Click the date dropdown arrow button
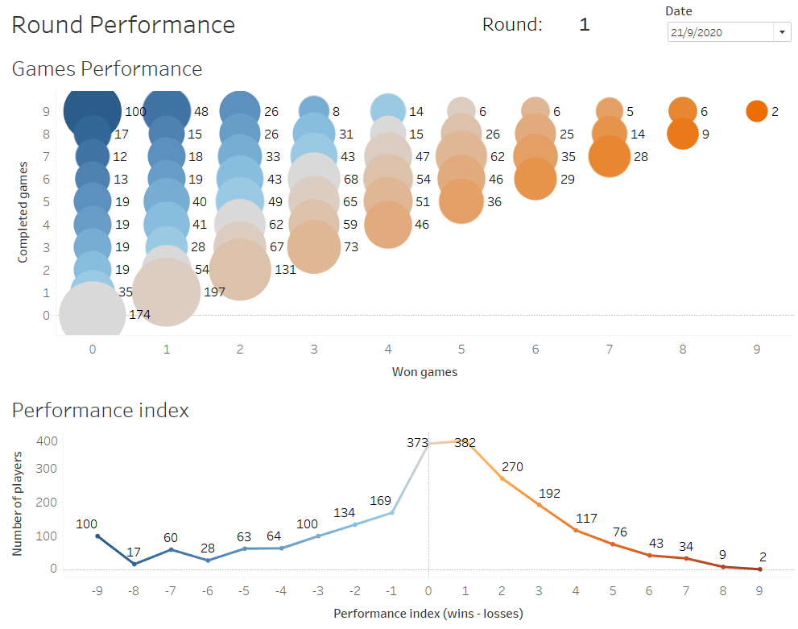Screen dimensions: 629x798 click(x=782, y=32)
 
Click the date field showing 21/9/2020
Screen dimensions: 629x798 click(x=720, y=32)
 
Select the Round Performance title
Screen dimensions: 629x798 click(x=123, y=25)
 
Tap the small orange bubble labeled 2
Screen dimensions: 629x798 click(x=756, y=111)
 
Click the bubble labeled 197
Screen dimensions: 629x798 click(x=167, y=292)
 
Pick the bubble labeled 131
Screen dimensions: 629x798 click(x=240, y=269)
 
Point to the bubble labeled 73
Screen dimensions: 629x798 click(x=314, y=246)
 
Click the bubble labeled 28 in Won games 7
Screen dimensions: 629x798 click(x=610, y=156)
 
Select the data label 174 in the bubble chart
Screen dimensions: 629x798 click(x=139, y=315)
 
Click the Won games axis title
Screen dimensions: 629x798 click(x=424, y=371)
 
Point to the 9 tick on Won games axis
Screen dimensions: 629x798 click(x=756, y=350)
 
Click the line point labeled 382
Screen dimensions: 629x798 click(x=465, y=441)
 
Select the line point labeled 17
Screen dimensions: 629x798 click(x=134, y=564)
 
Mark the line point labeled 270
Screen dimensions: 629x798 click(x=502, y=479)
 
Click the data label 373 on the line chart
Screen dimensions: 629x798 click(x=417, y=442)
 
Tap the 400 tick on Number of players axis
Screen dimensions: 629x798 click(x=48, y=441)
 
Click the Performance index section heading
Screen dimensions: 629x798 click(x=100, y=411)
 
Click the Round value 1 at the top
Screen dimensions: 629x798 click(x=585, y=25)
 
